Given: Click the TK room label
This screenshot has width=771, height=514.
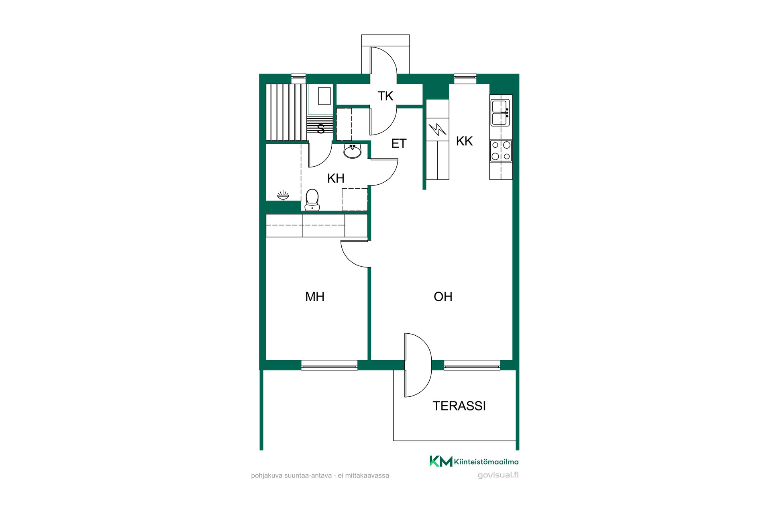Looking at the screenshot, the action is click(x=385, y=96).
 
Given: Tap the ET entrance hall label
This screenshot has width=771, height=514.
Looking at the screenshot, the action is click(x=399, y=143).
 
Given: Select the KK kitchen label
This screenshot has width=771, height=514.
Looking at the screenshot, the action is click(x=465, y=141).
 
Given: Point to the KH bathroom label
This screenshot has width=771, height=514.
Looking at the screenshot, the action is click(x=336, y=178).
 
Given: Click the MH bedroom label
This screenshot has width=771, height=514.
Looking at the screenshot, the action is click(x=315, y=297).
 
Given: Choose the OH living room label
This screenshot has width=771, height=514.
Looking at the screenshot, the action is click(x=443, y=297).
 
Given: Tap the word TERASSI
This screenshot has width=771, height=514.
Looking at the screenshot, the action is click(x=459, y=406).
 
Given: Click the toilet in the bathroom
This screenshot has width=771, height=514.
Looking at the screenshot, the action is click(x=312, y=200).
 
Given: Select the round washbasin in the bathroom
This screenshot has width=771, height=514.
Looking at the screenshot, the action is click(x=353, y=151).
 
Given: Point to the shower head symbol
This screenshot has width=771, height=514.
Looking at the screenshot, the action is click(x=283, y=195).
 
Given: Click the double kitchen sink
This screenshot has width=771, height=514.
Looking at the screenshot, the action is click(x=500, y=113).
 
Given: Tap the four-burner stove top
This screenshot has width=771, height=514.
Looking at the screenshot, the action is click(x=501, y=151).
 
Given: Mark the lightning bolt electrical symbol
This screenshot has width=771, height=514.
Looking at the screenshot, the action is click(x=437, y=129).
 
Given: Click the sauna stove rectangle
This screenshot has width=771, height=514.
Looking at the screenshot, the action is click(x=324, y=96).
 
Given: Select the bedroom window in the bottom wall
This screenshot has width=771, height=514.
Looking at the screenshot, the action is click(x=329, y=365).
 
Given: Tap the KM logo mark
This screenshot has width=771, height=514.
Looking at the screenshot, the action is click(x=441, y=461).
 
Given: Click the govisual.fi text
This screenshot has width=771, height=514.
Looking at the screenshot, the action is click(x=498, y=475).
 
